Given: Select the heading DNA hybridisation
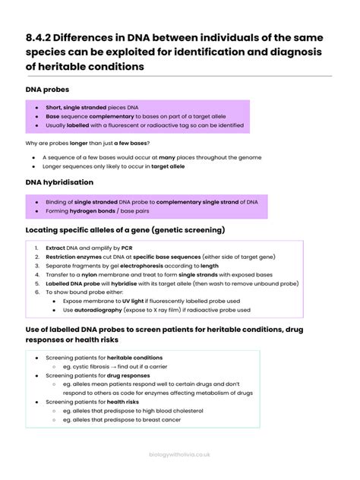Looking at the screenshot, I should (60, 182).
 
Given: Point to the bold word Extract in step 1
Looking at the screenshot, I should (55, 248).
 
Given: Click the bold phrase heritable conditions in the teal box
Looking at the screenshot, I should (134, 357).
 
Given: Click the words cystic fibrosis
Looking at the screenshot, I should (90, 366).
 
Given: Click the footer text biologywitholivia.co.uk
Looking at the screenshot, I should (179, 453).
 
